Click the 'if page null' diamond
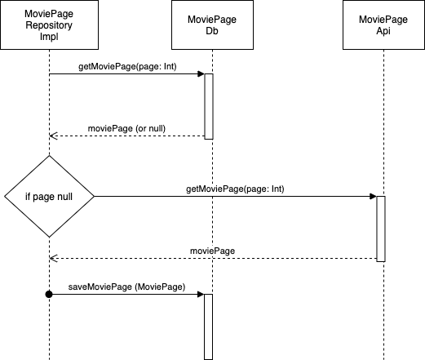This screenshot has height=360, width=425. tap(49, 196)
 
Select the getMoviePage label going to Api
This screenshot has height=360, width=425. tap(235, 189)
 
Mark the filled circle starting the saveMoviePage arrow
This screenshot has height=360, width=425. tap(49, 294)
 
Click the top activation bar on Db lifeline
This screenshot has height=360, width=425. tap(208, 106)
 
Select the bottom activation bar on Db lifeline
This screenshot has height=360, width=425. tap(208, 327)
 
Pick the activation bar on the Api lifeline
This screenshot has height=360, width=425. tap(380, 229)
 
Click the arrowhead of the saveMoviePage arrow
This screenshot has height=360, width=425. tap(200, 294)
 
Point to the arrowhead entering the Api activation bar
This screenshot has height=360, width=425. tap(372, 196)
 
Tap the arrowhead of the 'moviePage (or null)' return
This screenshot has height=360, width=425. tap(53, 136)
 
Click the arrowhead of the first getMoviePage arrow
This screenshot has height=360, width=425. tap(200, 74)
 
